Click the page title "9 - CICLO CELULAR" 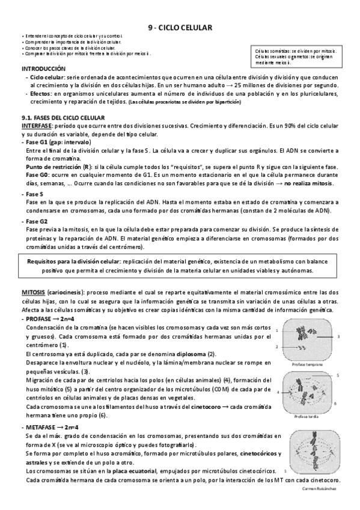click(180, 27)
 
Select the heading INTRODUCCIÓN click(41, 70)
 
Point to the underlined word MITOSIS click(34, 292)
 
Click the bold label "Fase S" click(35, 194)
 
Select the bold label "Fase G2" click(37, 221)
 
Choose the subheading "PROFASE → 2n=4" click(52, 318)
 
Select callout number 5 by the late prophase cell click(338, 375)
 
